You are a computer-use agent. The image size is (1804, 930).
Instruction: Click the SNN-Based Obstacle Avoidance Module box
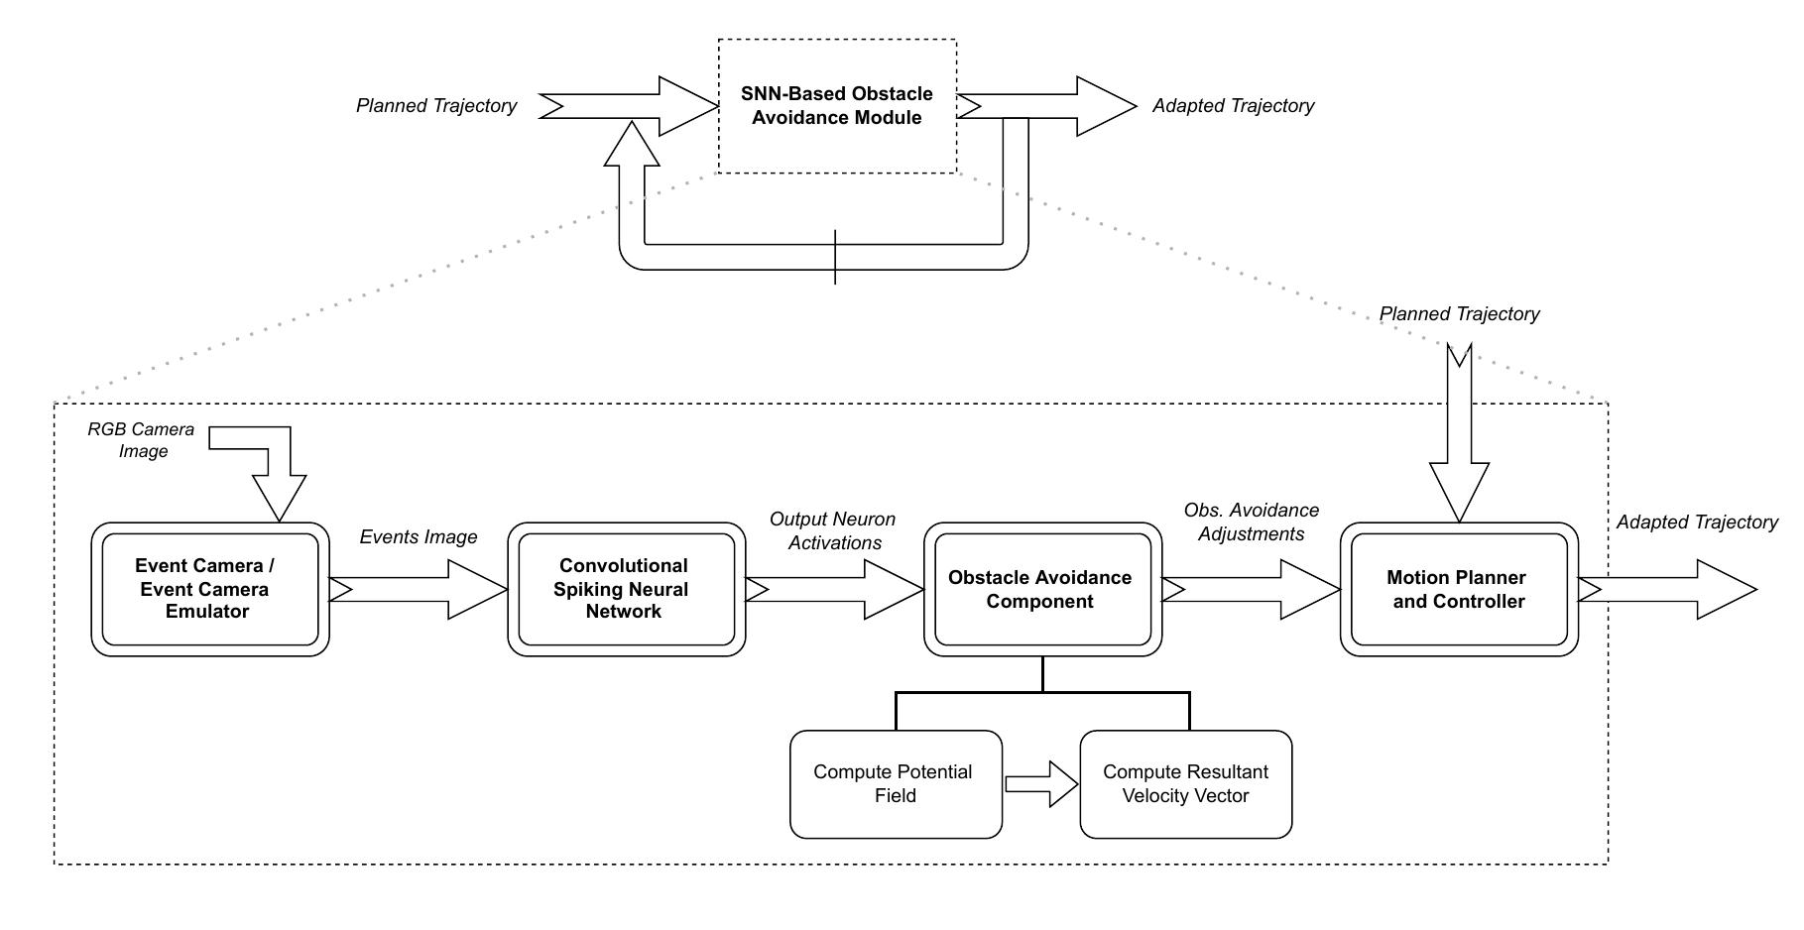837,106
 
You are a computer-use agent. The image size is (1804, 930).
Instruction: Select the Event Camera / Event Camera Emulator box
210,589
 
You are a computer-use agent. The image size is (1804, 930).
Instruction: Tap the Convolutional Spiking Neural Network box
626,589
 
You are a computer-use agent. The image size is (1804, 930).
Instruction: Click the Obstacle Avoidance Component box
1042,589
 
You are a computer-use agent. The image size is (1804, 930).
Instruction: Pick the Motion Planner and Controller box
1459,589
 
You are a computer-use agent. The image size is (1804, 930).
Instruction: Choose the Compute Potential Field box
896,784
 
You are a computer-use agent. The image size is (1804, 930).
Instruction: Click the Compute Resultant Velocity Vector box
1185,784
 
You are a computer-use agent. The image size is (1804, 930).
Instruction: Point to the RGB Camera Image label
141,440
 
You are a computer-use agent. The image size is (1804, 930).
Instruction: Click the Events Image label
418,536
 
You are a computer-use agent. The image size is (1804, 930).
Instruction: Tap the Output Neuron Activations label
832,530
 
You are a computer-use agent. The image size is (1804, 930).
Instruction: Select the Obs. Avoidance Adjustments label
1251,522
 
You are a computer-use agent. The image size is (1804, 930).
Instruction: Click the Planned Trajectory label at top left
436,105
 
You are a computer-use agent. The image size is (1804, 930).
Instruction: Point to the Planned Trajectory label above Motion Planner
1459,313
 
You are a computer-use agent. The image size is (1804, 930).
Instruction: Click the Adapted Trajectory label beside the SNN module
1233,105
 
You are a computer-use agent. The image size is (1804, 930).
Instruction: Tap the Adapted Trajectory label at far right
1697,522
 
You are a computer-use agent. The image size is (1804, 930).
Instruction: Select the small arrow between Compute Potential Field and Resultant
1041,784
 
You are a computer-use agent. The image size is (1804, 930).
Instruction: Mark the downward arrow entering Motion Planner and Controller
1459,436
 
